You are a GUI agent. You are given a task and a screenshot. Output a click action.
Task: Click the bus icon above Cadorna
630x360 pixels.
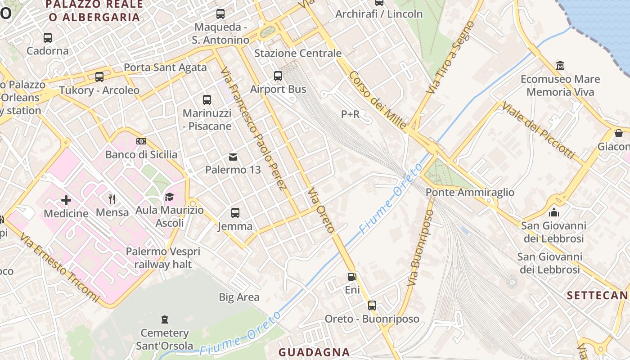coord(48,38)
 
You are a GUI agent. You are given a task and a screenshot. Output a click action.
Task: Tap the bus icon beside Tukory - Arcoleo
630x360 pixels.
coord(99,77)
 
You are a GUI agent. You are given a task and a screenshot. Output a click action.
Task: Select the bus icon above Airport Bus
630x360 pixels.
coord(278,76)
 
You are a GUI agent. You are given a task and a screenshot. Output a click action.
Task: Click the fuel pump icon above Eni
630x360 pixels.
coord(352,277)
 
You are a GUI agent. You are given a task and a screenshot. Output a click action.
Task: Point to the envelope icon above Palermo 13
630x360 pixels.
coord(233,157)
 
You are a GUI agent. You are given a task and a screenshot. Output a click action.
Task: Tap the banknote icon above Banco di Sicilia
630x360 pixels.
coord(141,141)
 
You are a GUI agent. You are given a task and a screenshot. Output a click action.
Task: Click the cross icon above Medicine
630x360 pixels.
coord(66,200)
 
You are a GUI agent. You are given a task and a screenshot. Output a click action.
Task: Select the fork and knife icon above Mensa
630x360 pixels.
coord(112,199)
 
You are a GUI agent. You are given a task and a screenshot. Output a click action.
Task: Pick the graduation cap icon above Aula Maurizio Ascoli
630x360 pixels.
coord(169,197)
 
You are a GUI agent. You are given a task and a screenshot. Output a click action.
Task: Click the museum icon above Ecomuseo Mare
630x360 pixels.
coord(560,66)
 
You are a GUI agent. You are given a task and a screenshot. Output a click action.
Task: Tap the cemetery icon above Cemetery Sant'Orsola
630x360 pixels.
coord(165,319)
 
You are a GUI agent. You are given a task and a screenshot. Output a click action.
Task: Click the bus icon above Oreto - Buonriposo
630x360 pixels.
coord(372,306)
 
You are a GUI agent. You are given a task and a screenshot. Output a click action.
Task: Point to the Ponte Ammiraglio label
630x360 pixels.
coord(470,193)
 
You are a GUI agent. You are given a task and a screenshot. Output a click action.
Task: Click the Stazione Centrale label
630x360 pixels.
coord(298,53)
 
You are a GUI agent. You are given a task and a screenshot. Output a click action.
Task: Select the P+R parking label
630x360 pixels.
coord(350,114)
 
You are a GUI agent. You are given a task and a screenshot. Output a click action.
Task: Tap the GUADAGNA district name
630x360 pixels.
coord(314,352)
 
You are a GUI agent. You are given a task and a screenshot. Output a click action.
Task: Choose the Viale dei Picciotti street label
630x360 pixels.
coord(538,130)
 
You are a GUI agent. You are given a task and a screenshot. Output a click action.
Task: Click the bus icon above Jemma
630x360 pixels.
coord(235,213)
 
